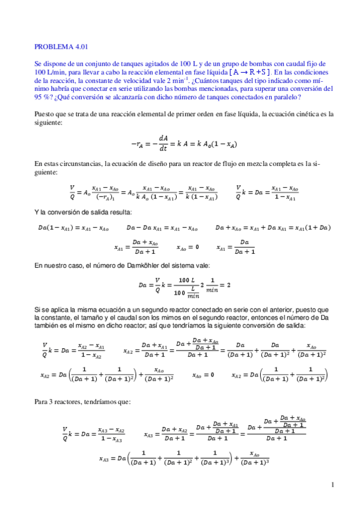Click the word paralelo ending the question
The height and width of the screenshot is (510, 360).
[x=288, y=97]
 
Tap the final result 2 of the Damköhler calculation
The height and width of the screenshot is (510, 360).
[x=229, y=285]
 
